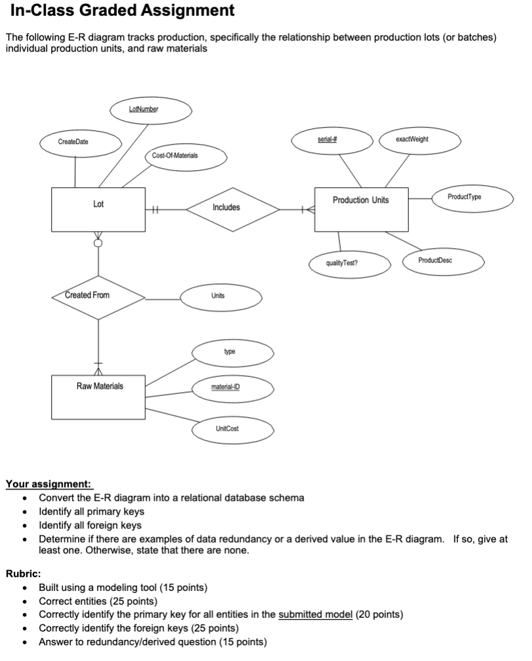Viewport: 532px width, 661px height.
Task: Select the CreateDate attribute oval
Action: coord(73,141)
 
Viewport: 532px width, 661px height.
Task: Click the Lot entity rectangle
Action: coord(98,209)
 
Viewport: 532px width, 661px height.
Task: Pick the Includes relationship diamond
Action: coord(226,209)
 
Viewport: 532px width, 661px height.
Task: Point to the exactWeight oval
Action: coord(412,140)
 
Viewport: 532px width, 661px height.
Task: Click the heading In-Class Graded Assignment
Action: coord(122,11)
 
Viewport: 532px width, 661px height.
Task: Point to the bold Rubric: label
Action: coord(24,572)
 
